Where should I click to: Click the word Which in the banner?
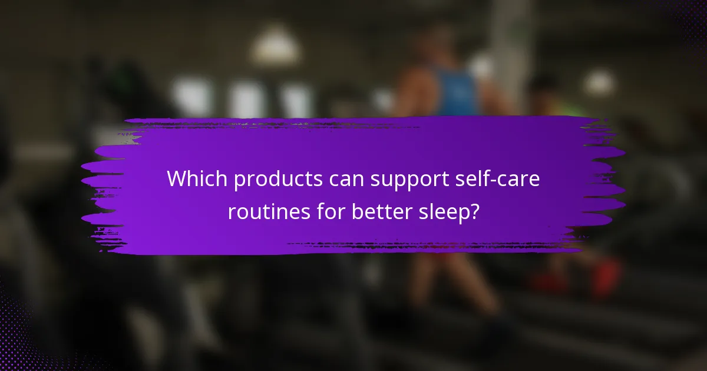click(x=197, y=179)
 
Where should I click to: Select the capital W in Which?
click(x=176, y=179)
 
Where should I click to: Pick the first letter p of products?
click(x=239, y=181)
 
